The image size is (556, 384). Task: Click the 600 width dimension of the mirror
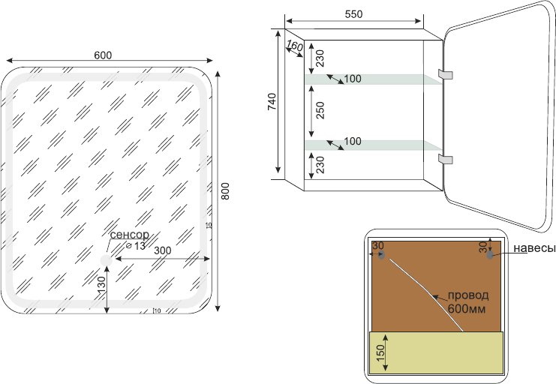[x=104, y=55]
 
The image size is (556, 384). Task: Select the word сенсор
[x=129, y=235]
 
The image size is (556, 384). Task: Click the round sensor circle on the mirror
[x=106, y=259]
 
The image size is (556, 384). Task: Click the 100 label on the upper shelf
[x=353, y=79]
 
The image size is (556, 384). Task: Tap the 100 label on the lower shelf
[x=353, y=141]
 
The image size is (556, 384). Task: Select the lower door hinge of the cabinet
[x=448, y=159]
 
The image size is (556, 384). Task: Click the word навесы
[x=534, y=249]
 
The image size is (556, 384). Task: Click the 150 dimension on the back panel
[x=380, y=351]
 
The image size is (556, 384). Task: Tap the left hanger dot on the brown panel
[x=382, y=256]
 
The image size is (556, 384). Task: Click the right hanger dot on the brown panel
[x=490, y=255]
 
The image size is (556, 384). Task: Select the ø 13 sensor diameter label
[x=135, y=246]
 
